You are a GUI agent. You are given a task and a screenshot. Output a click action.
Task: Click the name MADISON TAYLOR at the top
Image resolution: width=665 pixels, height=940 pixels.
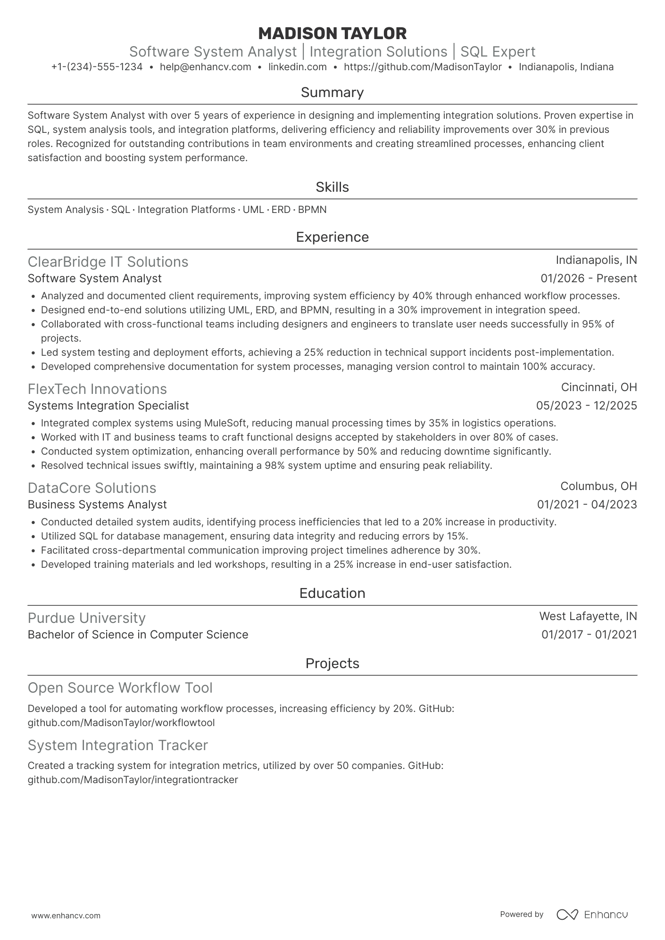point(332,33)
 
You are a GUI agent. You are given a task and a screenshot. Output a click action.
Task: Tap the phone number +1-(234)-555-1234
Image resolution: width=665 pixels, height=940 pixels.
point(97,67)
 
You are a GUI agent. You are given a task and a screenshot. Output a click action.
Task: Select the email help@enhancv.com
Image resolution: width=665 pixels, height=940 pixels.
point(205,67)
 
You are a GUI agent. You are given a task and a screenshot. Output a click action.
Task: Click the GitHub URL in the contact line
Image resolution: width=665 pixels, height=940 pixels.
point(423,67)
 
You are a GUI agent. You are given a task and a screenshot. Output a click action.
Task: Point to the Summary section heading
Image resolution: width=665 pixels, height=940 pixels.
point(332,92)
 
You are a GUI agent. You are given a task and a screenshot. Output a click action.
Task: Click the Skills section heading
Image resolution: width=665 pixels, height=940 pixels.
point(332,187)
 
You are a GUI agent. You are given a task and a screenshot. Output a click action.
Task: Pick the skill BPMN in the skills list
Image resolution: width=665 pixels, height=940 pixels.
point(312,210)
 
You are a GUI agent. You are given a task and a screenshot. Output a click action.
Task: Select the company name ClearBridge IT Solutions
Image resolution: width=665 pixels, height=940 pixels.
point(108,262)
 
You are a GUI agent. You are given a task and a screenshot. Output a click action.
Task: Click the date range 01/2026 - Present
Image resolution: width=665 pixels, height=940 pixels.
point(589,278)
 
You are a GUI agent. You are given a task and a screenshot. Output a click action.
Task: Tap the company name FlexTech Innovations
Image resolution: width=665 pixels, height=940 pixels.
point(97,389)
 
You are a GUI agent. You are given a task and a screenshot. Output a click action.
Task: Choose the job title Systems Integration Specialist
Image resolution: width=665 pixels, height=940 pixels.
point(108,406)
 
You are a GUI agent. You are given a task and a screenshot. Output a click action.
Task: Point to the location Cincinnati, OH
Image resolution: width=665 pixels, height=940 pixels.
point(599,387)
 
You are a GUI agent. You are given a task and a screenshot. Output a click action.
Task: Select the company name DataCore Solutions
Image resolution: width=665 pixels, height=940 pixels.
point(92,488)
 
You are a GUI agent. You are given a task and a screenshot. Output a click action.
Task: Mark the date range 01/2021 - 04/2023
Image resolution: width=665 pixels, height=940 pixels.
point(587,505)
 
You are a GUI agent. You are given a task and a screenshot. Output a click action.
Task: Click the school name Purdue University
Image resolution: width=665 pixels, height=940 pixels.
point(87,618)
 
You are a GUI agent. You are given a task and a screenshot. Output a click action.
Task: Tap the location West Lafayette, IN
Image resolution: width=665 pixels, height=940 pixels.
point(588,616)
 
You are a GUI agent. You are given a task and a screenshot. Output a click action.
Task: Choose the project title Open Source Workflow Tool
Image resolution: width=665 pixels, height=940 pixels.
point(120,688)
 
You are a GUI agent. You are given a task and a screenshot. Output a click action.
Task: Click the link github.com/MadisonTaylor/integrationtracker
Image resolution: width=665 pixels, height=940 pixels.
point(133,780)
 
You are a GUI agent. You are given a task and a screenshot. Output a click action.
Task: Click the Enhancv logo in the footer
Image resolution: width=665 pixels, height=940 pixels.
point(592,915)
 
